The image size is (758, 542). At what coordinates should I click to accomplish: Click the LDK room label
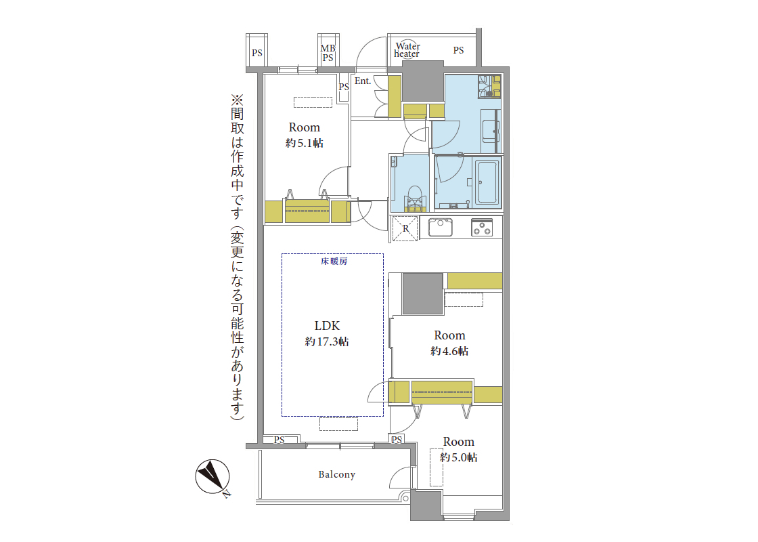pos(328,326)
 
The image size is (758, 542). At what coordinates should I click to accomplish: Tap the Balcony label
pos(337,475)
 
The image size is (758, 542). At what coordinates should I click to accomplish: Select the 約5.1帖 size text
pos(305,143)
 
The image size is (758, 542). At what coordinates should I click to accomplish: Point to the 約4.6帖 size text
pos(449,351)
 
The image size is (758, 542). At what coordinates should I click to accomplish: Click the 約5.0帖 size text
pos(459,457)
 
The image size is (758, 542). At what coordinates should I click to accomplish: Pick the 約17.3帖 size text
pos(327,341)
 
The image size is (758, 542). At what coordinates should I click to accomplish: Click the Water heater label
pos(407,50)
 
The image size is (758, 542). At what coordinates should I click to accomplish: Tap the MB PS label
pos(328,53)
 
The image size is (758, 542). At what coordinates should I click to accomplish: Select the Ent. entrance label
pos(363,81)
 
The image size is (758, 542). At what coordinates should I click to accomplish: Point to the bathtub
pos(487,182)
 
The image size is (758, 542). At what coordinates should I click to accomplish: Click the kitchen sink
pos(440,228)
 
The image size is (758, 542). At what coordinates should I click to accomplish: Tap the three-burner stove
pos(482,228)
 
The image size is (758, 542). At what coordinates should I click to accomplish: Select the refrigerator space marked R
pos(405,228)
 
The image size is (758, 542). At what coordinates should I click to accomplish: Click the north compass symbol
pos(213,477)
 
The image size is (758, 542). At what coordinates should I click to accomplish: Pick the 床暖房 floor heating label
pos(334,262)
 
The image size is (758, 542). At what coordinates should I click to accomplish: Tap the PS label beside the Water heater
pos(458,50)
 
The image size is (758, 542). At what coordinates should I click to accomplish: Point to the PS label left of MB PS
pos(257,53)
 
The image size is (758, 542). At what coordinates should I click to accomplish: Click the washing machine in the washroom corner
pos(489,86)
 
